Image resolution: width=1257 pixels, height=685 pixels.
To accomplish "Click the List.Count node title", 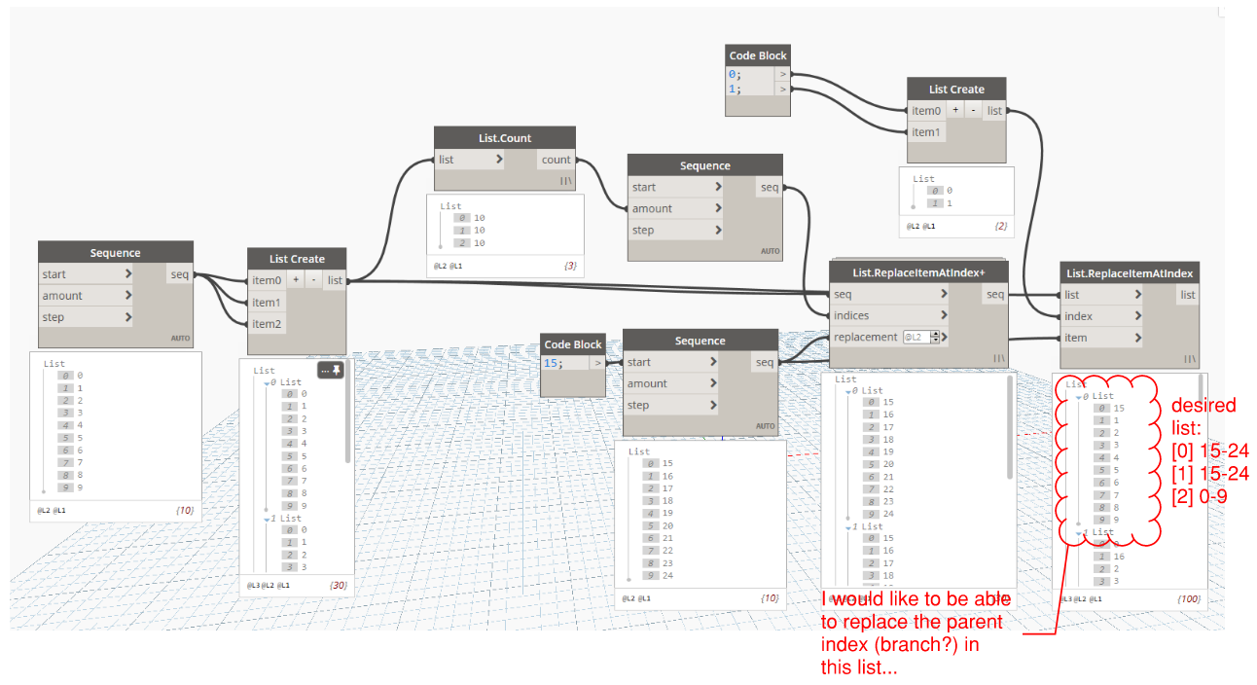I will tap(505, 138).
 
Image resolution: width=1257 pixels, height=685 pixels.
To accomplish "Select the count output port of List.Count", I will tap(556, 160).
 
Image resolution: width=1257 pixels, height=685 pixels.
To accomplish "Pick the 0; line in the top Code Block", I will tap(734, 74).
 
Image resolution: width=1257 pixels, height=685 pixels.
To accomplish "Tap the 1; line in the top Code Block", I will tap(734, 89).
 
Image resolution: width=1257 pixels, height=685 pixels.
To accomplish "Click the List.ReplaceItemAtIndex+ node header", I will tap(917, 271).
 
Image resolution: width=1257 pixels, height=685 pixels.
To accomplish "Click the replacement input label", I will tap(865, 337).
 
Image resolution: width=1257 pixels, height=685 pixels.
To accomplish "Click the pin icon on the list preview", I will tap(338, 370).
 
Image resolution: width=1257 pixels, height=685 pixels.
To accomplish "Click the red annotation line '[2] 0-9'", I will tap(1200, 495).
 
